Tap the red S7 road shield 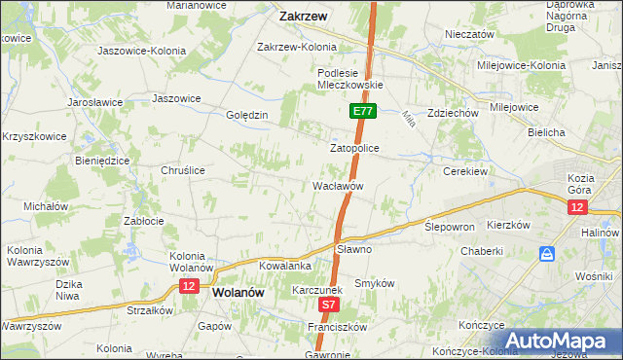(x=330, y=305)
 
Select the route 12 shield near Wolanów (x=189, y=286)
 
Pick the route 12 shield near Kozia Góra (x=578, y=208)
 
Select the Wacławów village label (x=338, y=185)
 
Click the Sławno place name (x=354, y=249)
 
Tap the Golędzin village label (x=247, y=115)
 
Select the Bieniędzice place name (x=102, y=160)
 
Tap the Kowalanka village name (x=284, y=266)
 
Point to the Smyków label (x=374, y=283)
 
